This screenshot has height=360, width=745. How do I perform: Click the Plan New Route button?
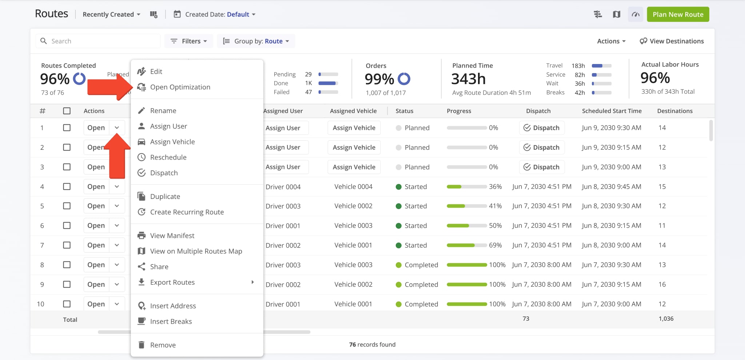(678, 15)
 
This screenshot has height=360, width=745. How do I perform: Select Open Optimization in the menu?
(180, 87)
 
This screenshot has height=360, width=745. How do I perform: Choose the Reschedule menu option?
(168, 157)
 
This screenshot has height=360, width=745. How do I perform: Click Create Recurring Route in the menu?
(187, 212)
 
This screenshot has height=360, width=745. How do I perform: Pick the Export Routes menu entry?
(172, 283)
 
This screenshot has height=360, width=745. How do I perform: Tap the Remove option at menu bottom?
(163, 345)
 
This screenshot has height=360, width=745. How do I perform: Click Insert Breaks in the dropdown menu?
(171, 321)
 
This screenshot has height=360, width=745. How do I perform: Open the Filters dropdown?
(189, 41)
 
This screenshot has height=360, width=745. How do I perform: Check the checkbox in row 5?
(67, 206)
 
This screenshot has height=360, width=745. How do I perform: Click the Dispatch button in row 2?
(541, 147)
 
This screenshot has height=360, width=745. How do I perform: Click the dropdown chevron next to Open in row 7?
(117, 245)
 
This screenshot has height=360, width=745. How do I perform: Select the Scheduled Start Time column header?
(611, 111)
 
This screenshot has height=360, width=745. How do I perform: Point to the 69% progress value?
(495, 245)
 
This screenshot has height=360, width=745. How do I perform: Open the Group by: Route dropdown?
(256, 41)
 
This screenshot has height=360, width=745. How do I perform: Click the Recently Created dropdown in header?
(111, 15)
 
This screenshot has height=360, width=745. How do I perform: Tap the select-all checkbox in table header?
(67, 111)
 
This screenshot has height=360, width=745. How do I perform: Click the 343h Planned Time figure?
(468, 79)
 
